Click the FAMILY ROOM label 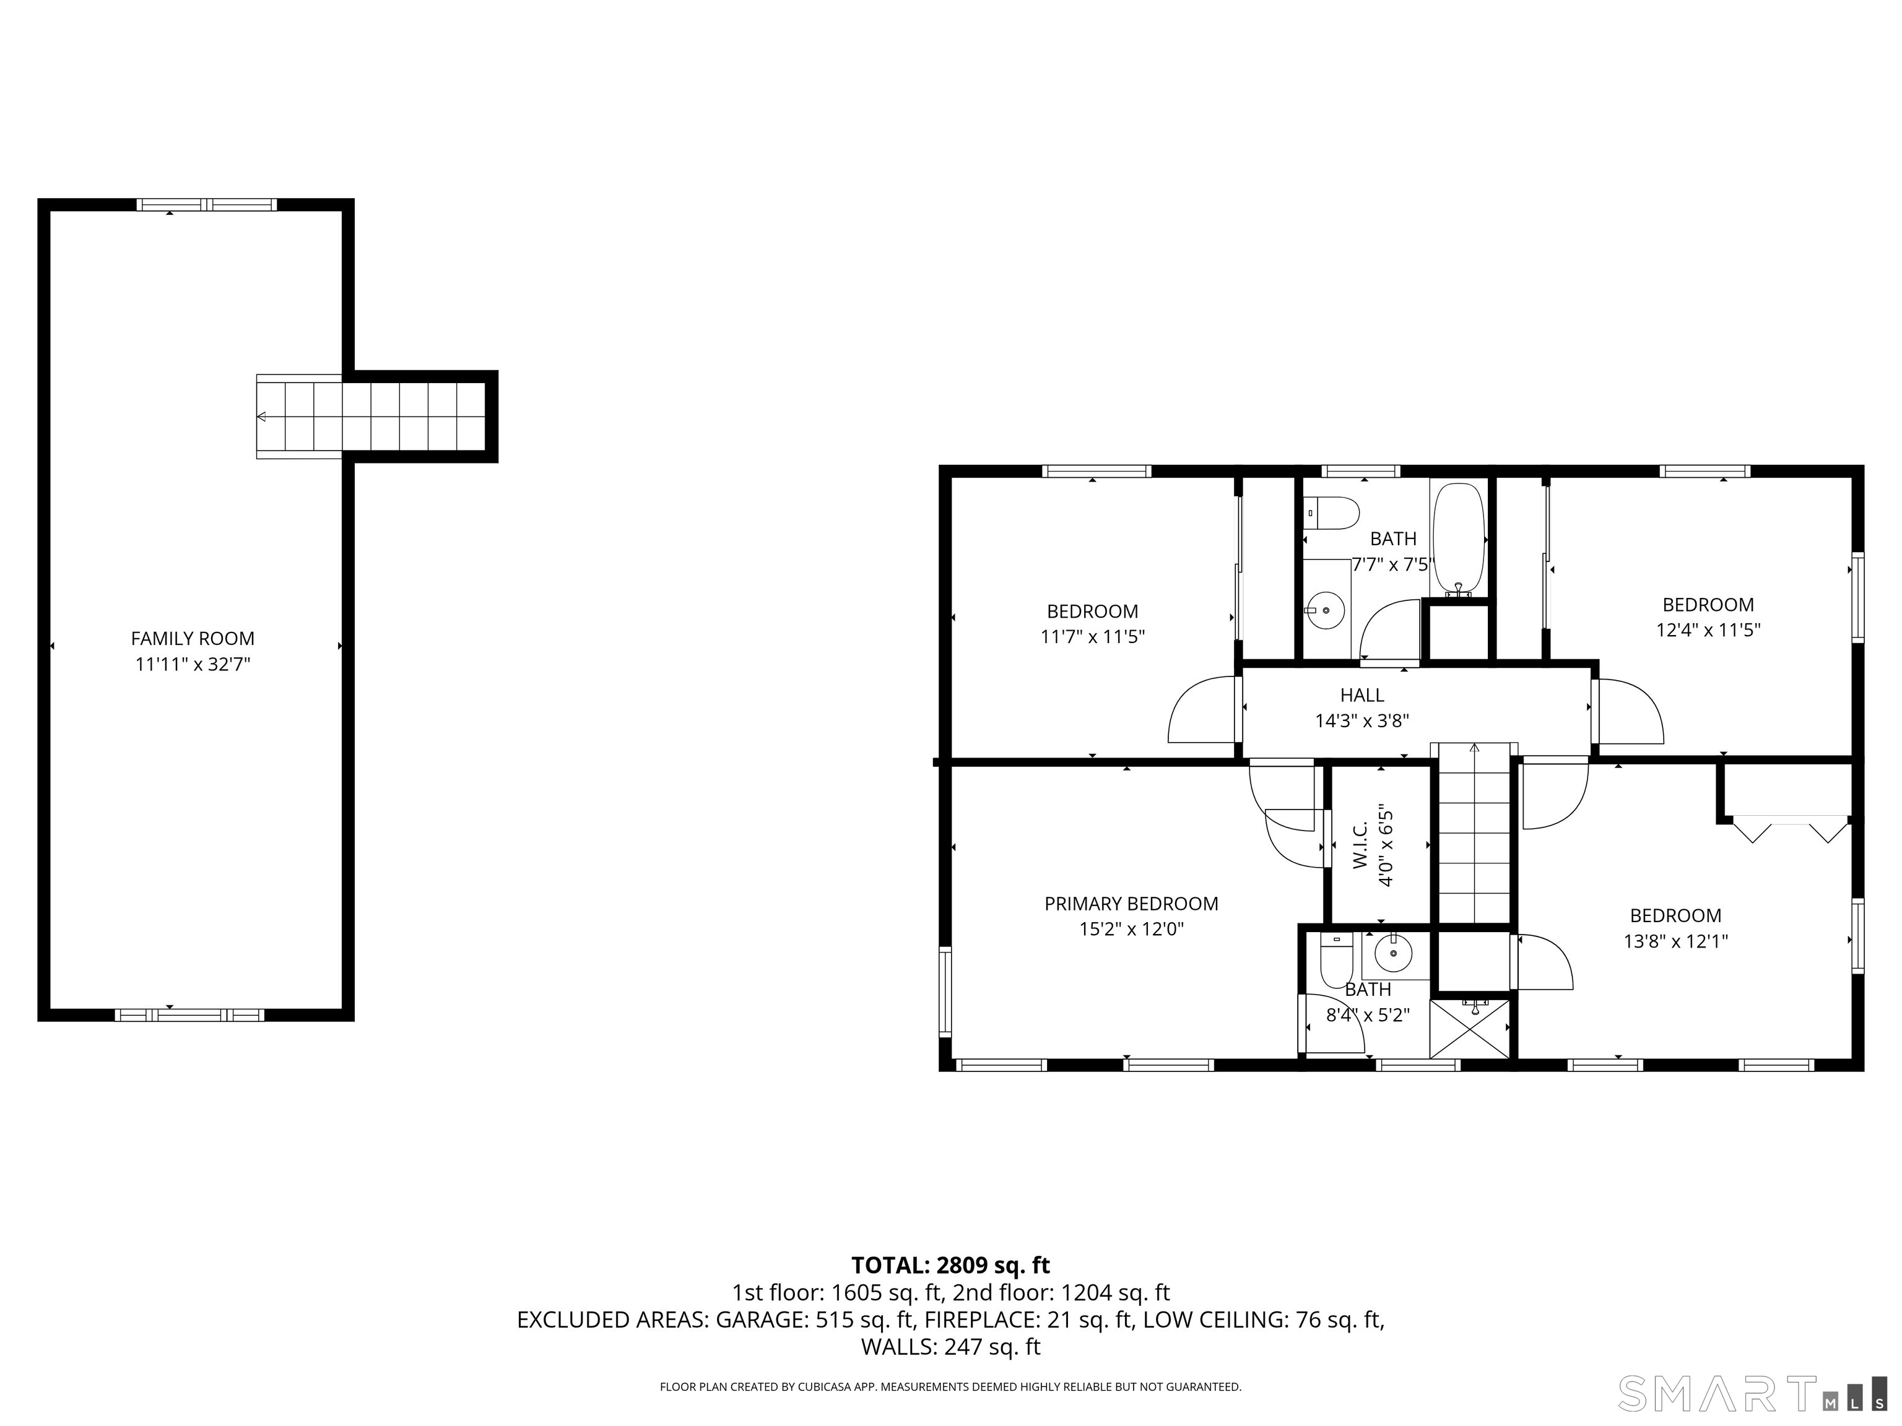coord(193,639)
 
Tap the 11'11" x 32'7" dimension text coord(193,665)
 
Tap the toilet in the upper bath coord(1331,513)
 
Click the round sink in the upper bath coord(1325,610)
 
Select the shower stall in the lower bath coord(1469,1027)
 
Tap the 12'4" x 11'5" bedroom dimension coord(1708,630)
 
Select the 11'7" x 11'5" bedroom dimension coord(1093,637)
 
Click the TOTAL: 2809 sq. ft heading coord(951,1265)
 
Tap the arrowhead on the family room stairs coord(261,417)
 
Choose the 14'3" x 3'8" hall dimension coord(1362,720)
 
